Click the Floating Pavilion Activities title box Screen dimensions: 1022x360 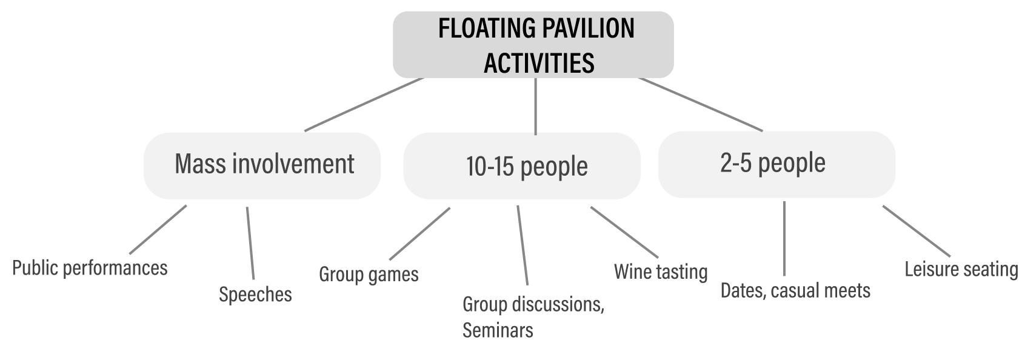533,45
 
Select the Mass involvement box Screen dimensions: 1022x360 262,165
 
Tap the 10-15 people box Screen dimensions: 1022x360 522,165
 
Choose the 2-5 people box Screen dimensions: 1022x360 777,164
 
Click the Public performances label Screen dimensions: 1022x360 90,268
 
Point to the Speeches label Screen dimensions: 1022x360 256,295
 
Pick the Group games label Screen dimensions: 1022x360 369,274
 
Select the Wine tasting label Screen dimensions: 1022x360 661,272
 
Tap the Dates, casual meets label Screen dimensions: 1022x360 795,291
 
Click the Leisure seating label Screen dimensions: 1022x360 961,269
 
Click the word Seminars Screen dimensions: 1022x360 498,330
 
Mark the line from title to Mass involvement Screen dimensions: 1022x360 364,105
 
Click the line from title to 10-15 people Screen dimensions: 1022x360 535,106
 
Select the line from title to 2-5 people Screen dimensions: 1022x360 700,104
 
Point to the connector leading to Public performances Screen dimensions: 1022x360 158,230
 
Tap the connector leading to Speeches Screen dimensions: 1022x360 250,243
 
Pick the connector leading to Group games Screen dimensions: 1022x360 419,233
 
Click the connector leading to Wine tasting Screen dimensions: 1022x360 624,232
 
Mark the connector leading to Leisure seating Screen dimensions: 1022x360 917,232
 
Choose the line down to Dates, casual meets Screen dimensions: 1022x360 784,239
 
